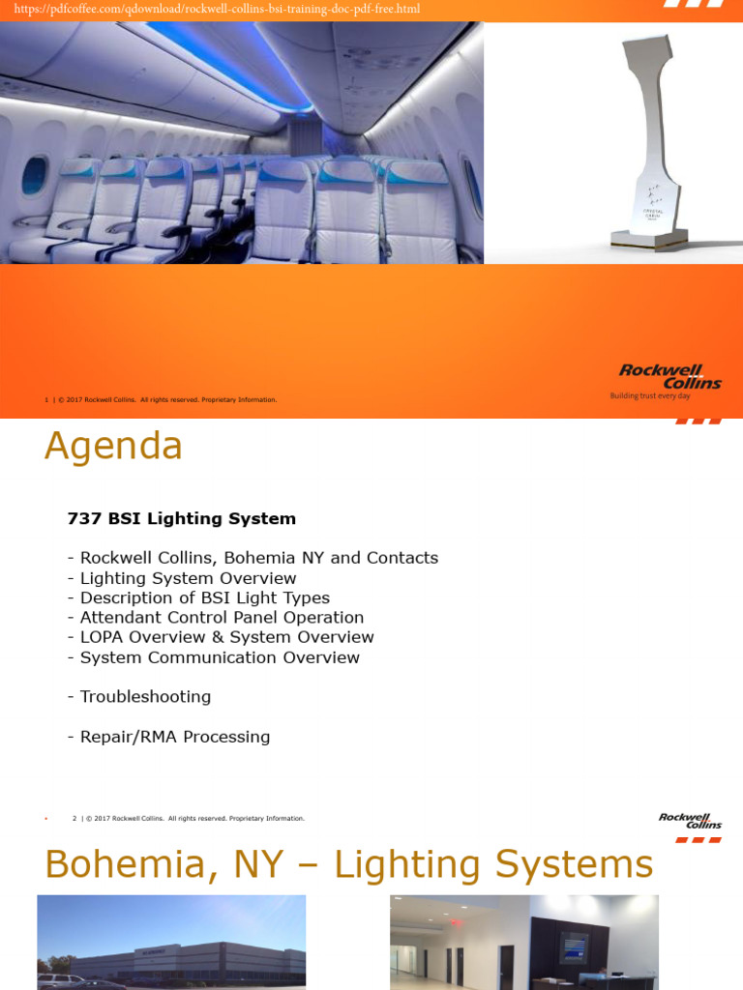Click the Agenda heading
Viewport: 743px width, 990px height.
pyautogui.click(x=113, y=447)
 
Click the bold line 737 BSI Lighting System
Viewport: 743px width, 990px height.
pyautogui.click(x=181, y=518)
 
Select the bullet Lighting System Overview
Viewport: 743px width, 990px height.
pyautogui.click(x=182, y=578)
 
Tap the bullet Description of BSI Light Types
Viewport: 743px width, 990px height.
pyautogui.click(x=198, y=597)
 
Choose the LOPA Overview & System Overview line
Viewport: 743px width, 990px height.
pyautogui.click(x=221, y=637)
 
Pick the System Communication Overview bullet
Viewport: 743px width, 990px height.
pyautogui.click(x=213, y=657)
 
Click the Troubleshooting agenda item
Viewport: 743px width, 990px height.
pyautogui.click(x=139, y=696)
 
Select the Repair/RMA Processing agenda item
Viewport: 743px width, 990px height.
pyautogui.click(x=168, y=737)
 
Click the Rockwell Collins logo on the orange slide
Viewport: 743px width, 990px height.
pyautogui.click(x=669, y=377)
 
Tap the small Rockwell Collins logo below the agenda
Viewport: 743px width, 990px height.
pyautogui.click(x=690, y=821)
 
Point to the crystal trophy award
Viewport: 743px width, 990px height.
pyautogui.click(x=648, y=145)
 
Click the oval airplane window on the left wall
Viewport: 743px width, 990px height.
pyautogui.click(x=34, y=175)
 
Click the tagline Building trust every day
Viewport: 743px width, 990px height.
pyautogui.click(x=649, y=396)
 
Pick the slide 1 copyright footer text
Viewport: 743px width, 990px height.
pyautogui.click(x=161, y=399)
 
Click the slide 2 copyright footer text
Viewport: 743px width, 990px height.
pyautogui.click(x=189, y=819)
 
